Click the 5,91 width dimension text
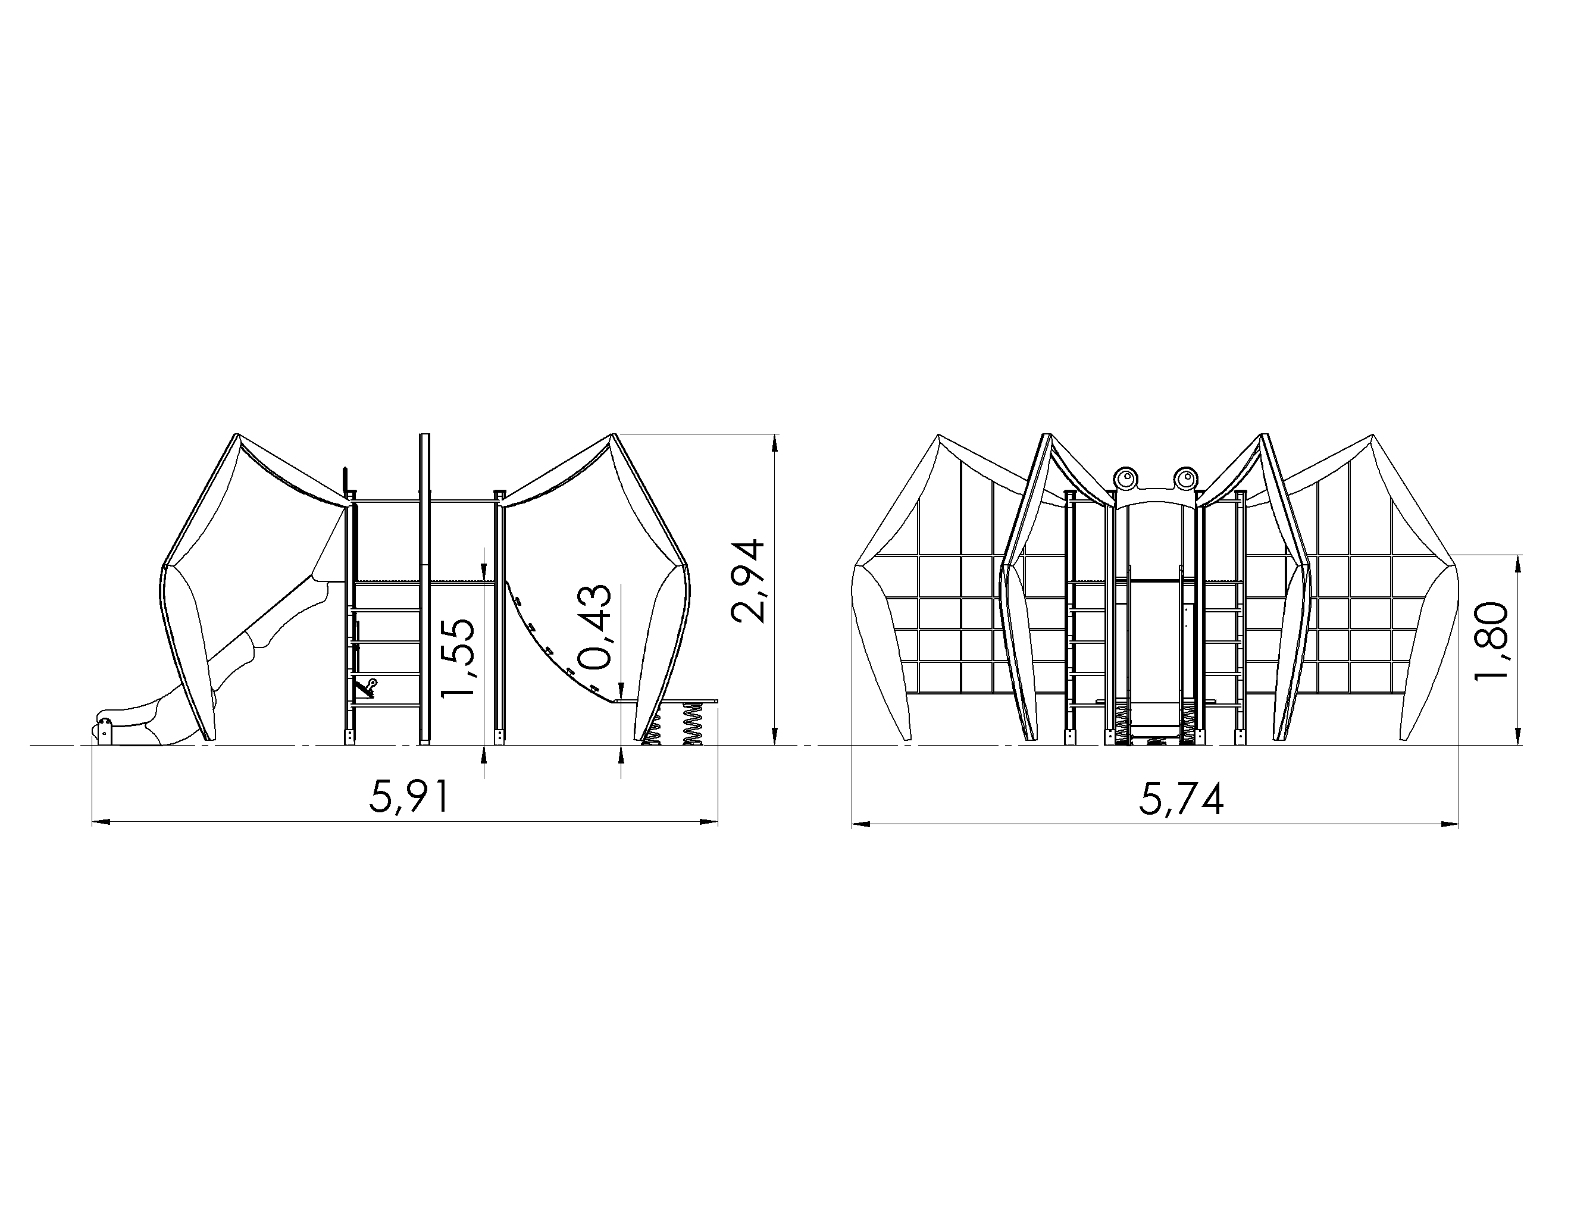(x=409, y=797)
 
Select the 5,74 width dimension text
(x=1181, y=799)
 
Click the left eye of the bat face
(x=1125, y=477)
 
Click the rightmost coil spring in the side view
(x=692, y=723)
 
